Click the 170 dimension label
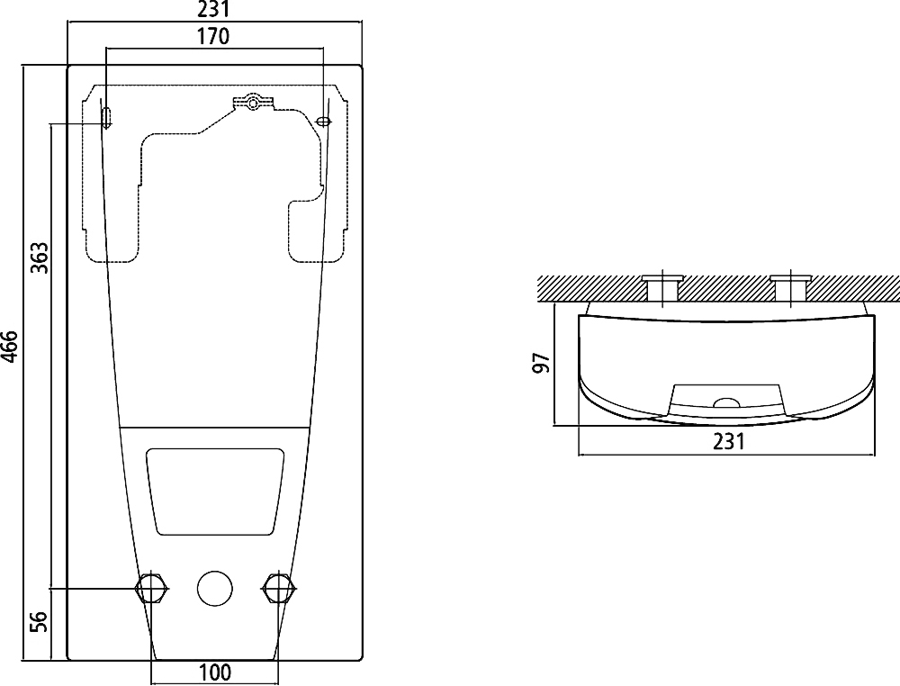[213, 37]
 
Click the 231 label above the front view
[213, 9]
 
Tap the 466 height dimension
[10, 347]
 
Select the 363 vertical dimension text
[40, 257]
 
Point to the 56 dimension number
[40, 621]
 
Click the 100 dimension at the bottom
[215, 672]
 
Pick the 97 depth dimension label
[541, 364]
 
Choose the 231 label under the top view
[728, 441]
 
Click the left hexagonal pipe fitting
[151, 588]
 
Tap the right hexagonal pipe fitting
[279, 588]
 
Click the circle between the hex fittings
[215, 589]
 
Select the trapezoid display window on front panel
[215, 492]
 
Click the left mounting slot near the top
[107, 117]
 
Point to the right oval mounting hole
[324, 122]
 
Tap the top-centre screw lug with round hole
[253, 104]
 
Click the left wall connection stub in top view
[662, 288]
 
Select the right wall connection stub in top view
[791, 288]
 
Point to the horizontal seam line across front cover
[215, 428]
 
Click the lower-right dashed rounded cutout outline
[318, 230]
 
